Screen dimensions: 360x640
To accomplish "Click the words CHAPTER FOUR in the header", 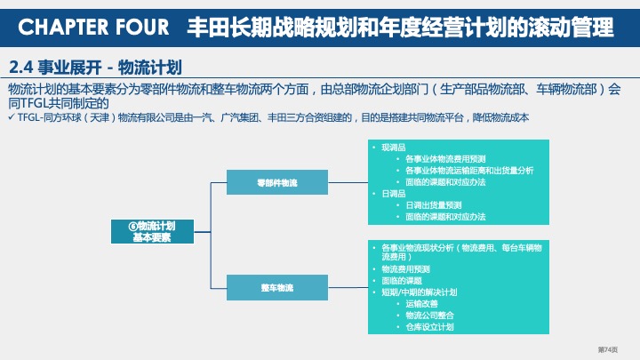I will [x=93, y=28].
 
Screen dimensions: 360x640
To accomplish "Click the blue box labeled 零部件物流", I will [x=276, y=182].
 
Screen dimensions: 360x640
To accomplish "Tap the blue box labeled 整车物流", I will [x=276, y=288].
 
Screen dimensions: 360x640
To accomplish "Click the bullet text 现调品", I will [x=392, y=148].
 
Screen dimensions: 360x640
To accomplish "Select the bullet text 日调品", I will [x=392, y=193].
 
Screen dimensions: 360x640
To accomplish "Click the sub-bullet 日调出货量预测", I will [x=433, y=204].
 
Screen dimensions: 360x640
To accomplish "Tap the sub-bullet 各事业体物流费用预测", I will [x=445, y=159].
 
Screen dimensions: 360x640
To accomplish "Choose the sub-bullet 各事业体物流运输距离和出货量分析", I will [x=468, y=171].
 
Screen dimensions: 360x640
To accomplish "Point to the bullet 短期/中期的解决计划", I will [x=419, y=292].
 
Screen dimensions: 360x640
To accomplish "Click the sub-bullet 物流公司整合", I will [x=428, y=316].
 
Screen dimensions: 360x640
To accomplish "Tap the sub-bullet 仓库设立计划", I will [x=428, y=327].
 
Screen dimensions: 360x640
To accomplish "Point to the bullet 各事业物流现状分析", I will [x=418, y=246].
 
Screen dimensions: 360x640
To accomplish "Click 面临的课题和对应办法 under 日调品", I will [x=444, y=216].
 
